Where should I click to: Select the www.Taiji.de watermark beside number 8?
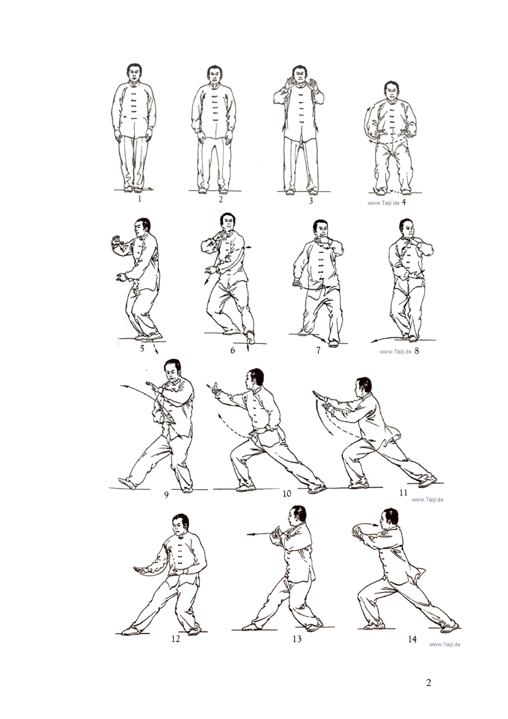coord(395,352)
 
